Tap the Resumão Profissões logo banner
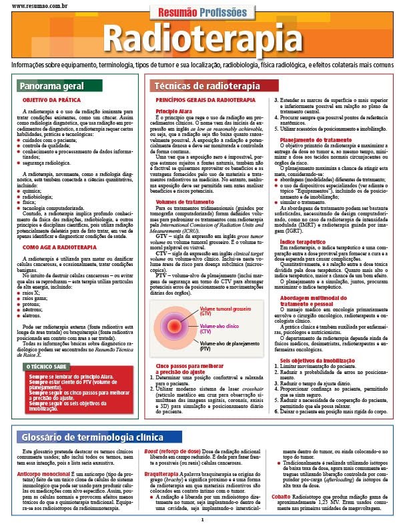click(x=202, y=13)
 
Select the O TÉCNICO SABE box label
click(x=46, y=367)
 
